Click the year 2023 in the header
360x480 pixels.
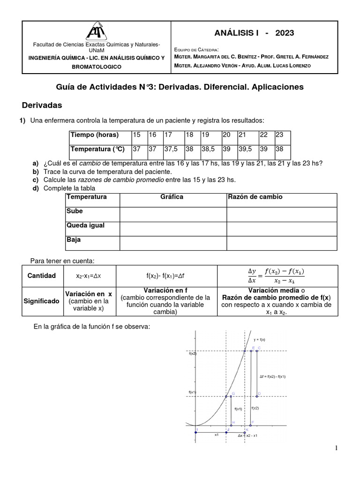click(285, 33)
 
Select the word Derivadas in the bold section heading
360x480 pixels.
click(43, 105)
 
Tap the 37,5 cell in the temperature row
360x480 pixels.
click(171, 149)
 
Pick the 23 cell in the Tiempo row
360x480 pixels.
click(279, 135)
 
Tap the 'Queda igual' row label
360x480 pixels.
click(85, 225)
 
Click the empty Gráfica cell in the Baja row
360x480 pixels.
click(173, 243)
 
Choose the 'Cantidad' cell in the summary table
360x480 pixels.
click(42, 276)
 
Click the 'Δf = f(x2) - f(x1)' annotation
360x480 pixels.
click(272, 376)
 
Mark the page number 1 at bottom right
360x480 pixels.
click(336, 449)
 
